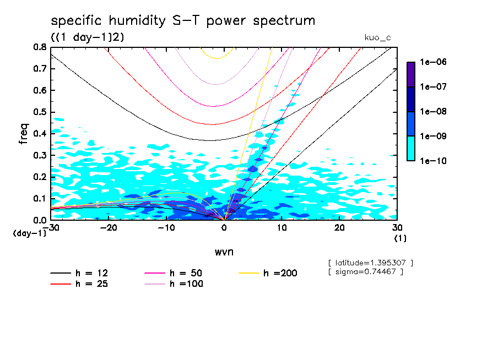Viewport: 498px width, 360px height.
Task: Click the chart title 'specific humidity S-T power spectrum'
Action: [x=183, y=21]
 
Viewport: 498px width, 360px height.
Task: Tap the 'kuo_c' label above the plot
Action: [x=377, y=37]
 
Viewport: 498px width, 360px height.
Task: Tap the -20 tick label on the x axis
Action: [x=109, y=228]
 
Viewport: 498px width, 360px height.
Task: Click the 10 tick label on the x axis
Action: [x=282, y=228]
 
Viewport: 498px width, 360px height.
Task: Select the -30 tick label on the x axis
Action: [x=51, y=228]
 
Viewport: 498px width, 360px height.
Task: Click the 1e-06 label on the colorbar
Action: [x=434, y=62]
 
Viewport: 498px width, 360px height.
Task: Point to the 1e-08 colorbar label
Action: [x=434, y=112]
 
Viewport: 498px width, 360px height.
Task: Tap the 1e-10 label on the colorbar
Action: [x=434, y=161]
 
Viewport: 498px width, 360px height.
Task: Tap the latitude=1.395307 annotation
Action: [x=370, y=263]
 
